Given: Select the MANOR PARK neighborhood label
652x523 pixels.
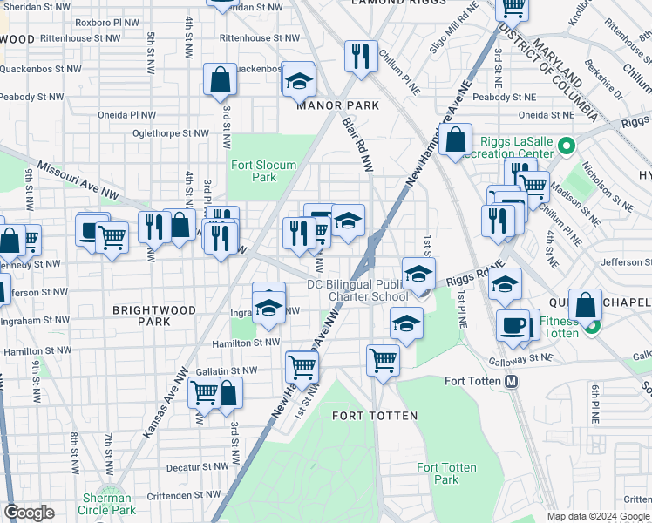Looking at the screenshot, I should tap(337, 105).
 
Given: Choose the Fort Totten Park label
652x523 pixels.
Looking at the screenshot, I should tap(446, 473).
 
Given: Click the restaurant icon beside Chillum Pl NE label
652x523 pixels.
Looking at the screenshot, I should tap(360, 56).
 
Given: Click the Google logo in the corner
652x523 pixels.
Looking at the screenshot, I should tap(29, 512).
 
